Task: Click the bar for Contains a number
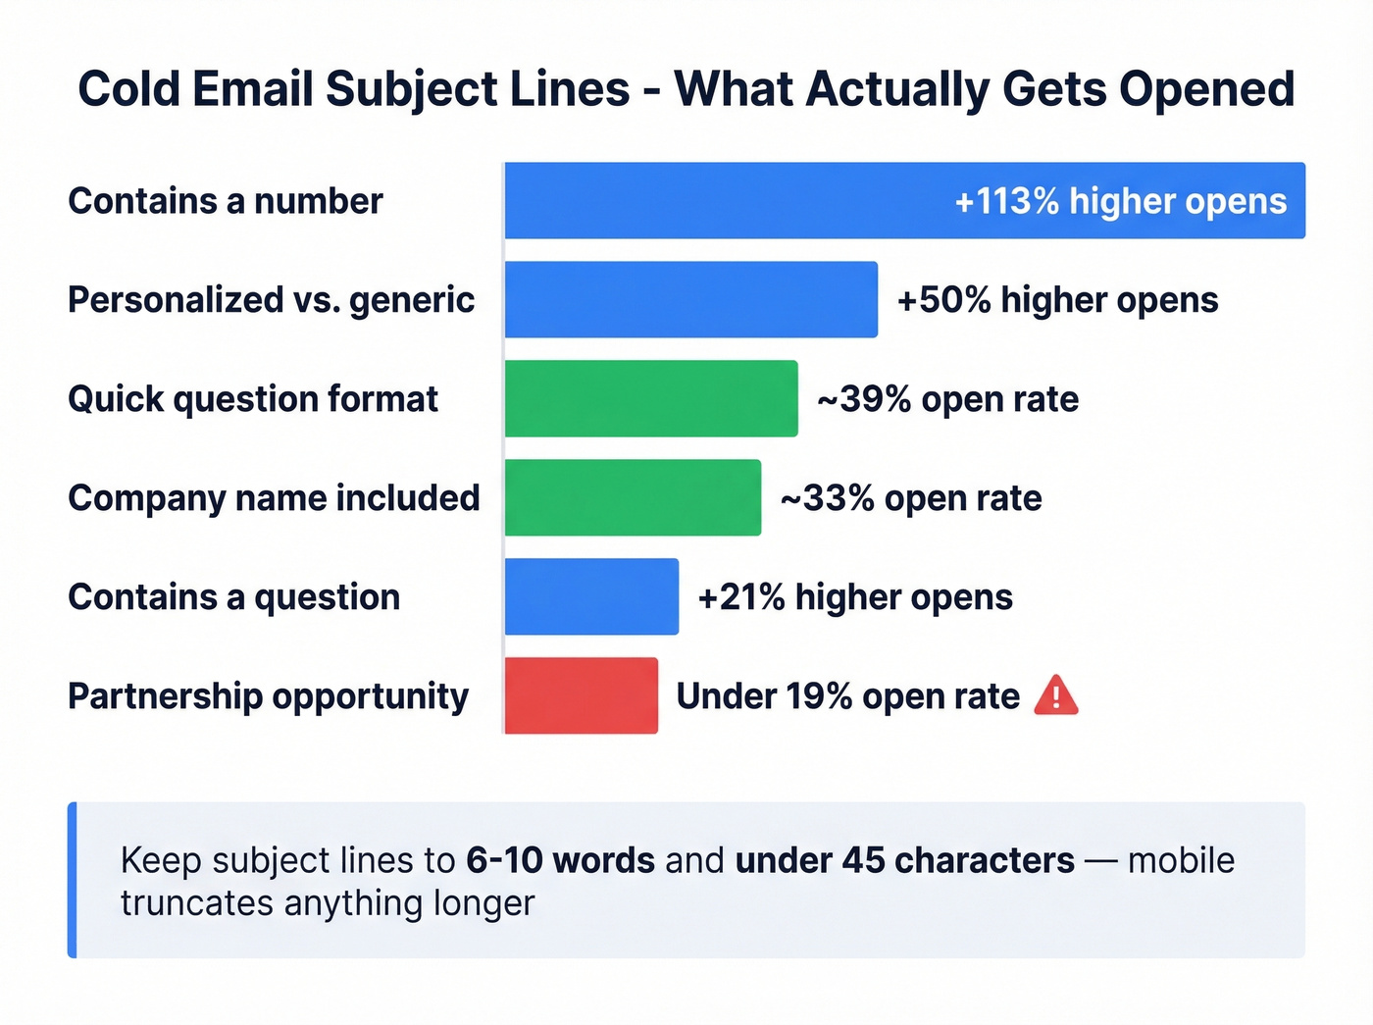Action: (x=726, y=200)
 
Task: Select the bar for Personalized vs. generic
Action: (x=690, y=299)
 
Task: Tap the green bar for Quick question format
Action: (x=650, y=398)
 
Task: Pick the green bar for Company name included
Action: (x=633, y=497)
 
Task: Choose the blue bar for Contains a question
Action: (x=591, y=596)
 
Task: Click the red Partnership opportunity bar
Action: (x=581, y=695)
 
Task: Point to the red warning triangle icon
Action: (x=1056, y=695)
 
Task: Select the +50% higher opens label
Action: (x=1057, y=300)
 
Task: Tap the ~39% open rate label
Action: (x=947, y=399)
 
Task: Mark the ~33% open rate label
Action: (x=910, y=498)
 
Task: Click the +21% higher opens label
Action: (x=854, y=597)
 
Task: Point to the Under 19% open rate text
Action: (x=847, y=696)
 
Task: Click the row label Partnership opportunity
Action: (x=268, y=696)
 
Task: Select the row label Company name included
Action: (x=274, y=498)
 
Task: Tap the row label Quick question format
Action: (x=253, y=399)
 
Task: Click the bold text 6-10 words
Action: (x=560, y=860)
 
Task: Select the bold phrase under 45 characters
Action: (x=904, y=860)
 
